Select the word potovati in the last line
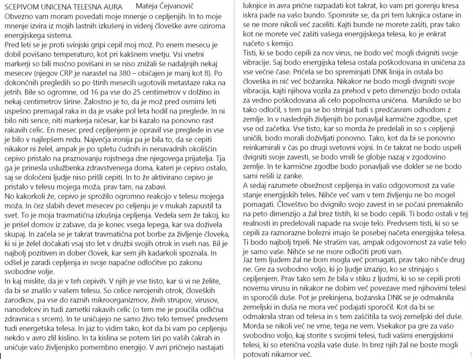[257, 354]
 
